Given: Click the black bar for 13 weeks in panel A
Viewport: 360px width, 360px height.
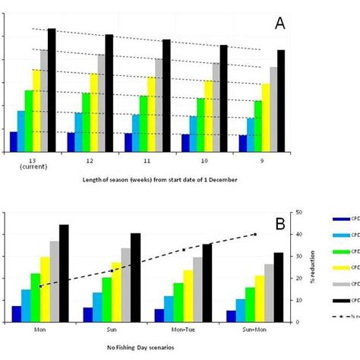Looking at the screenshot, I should [x=52, y=90].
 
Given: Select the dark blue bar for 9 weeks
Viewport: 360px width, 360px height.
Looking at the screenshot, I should [x=243, y=144].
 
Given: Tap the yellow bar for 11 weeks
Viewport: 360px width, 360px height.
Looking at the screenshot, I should [x=151, y=114].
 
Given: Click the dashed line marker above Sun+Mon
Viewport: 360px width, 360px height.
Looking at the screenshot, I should [x=255, y=234].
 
